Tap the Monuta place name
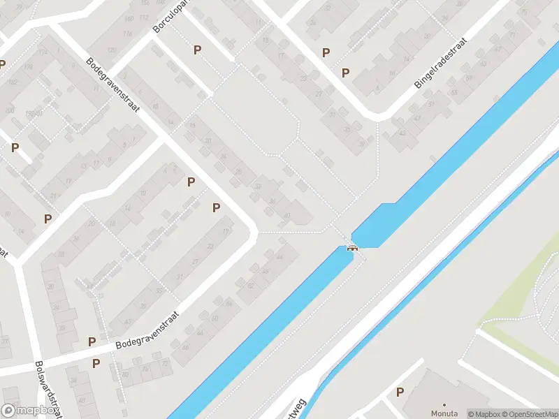point(444,413)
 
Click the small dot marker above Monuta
point(444,404)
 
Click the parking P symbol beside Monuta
point(400,392)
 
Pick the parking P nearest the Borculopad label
point(197,50)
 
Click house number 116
point(127,34)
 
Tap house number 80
point(124,374)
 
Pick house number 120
point(112,50)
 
